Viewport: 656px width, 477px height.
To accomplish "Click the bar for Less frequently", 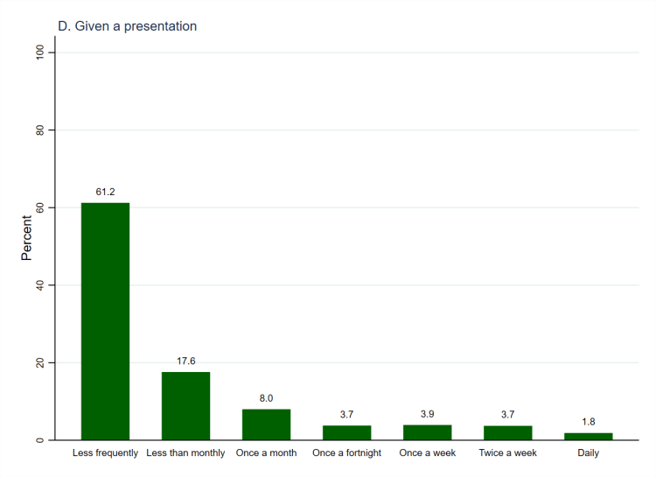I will [105, 321].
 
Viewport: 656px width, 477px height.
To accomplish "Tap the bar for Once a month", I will [266, 424].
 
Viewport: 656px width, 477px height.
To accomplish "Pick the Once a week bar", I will [427, 432].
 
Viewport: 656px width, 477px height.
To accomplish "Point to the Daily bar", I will [588, 436].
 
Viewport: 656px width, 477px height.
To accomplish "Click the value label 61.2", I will [106, 191].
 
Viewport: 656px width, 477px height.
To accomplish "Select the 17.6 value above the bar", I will [185, 361].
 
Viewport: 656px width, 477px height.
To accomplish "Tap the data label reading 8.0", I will [266, 398].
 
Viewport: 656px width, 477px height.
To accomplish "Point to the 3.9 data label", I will [427, 414].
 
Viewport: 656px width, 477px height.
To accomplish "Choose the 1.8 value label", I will [588, 422].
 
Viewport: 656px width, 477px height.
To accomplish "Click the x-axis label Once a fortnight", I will [346, 453].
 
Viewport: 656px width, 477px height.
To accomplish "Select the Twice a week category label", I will [507, 453].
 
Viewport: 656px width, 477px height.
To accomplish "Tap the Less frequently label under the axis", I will [105, 453].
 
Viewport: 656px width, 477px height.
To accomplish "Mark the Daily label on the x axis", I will [588, 453].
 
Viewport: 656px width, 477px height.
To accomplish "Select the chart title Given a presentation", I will [127, 26].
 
